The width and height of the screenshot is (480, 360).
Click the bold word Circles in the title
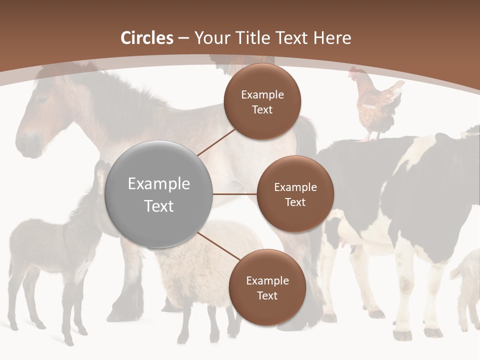coord(147,38)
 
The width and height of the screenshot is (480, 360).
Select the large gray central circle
coord(159,194)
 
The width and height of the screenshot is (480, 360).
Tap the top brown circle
coord(262,102)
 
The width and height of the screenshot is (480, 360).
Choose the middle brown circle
coord(295,194)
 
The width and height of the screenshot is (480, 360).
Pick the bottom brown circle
coord(267,288)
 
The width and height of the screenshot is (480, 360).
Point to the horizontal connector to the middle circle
coord(235,194)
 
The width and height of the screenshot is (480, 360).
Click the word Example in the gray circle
coord(159,184)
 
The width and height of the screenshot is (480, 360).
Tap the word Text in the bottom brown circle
coord(267,295)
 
